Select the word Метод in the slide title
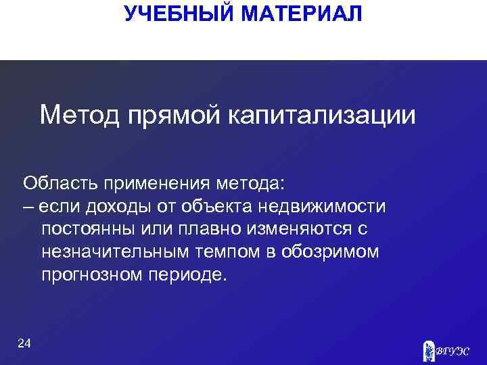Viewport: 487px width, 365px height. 79,115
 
